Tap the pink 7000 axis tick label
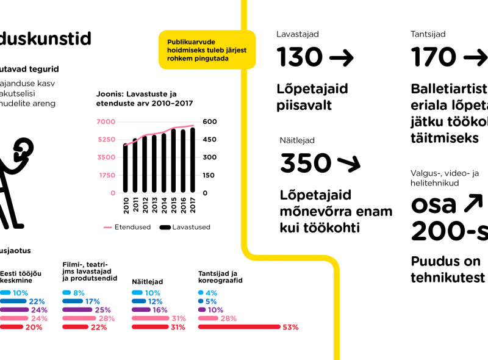point(106,122)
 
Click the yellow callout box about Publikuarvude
point(207,50)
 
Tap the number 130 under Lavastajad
point(300,58)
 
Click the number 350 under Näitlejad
point(306,164)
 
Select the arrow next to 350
point(349,164)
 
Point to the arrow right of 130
point(341,59)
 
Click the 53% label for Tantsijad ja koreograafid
point(290,328)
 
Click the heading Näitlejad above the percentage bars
point(146,282)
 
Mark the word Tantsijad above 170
point(428,35)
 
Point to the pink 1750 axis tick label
point(107,175)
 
